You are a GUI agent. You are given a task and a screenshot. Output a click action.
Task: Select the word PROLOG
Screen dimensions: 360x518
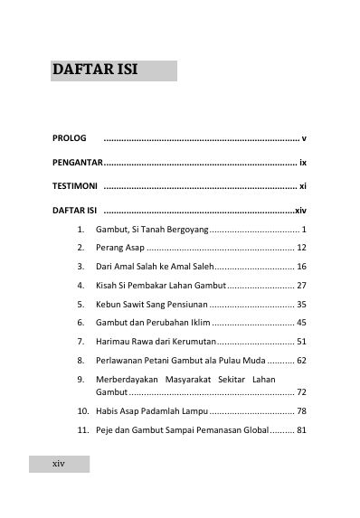pyautogui.click(x=69, y=139)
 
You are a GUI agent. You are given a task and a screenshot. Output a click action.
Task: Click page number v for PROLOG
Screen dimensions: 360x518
pyautogui.click(x=305, y=139)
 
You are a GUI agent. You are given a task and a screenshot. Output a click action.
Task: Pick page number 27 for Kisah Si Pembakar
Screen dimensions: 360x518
pyautogui.click(x=302, y=285)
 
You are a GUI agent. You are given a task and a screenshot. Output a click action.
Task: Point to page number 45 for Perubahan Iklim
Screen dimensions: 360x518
pyautogui.click(x=302, y=323)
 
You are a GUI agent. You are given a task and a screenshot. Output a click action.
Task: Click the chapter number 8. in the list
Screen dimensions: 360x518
pyautogui.click(x=81, y=360)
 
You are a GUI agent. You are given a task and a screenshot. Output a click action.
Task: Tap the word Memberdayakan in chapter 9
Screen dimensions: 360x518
pyautogui.click(x=131, y=379)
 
